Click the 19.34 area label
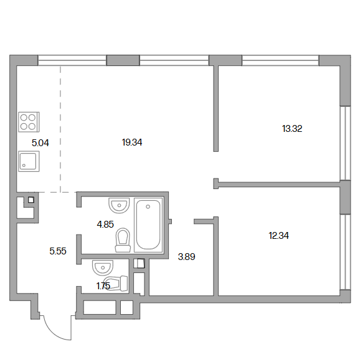[132, 142]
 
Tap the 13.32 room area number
[292, 129]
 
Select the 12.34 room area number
[278, 236]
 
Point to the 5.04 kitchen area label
[40, 143]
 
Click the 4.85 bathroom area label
[105, 225]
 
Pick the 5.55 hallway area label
[58, 251]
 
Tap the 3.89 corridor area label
[187, 257]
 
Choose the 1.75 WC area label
[103, 286]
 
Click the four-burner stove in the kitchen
[29, 122]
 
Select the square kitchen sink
[29, 161]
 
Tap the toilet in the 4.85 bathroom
[123, 240]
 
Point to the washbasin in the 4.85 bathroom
[119, 205]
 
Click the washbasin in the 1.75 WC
[103, 267]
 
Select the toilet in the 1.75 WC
[117, 284]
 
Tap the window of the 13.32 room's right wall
[346, 143]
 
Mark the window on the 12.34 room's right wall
[346, 252]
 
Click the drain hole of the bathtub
[148, 207]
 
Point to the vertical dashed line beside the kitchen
[60, 129]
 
